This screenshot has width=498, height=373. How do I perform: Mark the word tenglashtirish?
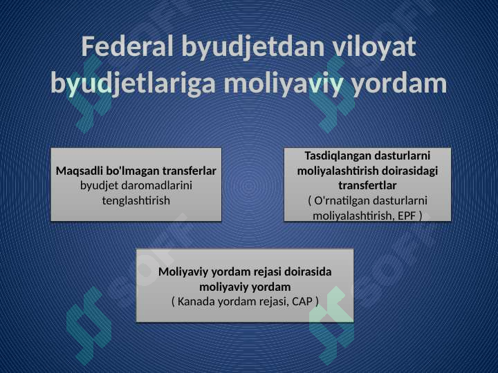tap(136, 201)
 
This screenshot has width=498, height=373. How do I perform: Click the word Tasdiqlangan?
tap(338, 156)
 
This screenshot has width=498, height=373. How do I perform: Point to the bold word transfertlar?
tap(367, 185)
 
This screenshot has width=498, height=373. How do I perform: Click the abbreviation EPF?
tap(407, 216)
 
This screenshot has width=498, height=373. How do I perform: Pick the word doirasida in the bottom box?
tap(308, 272)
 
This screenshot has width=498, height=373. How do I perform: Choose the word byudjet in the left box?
tap(94, 186)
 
